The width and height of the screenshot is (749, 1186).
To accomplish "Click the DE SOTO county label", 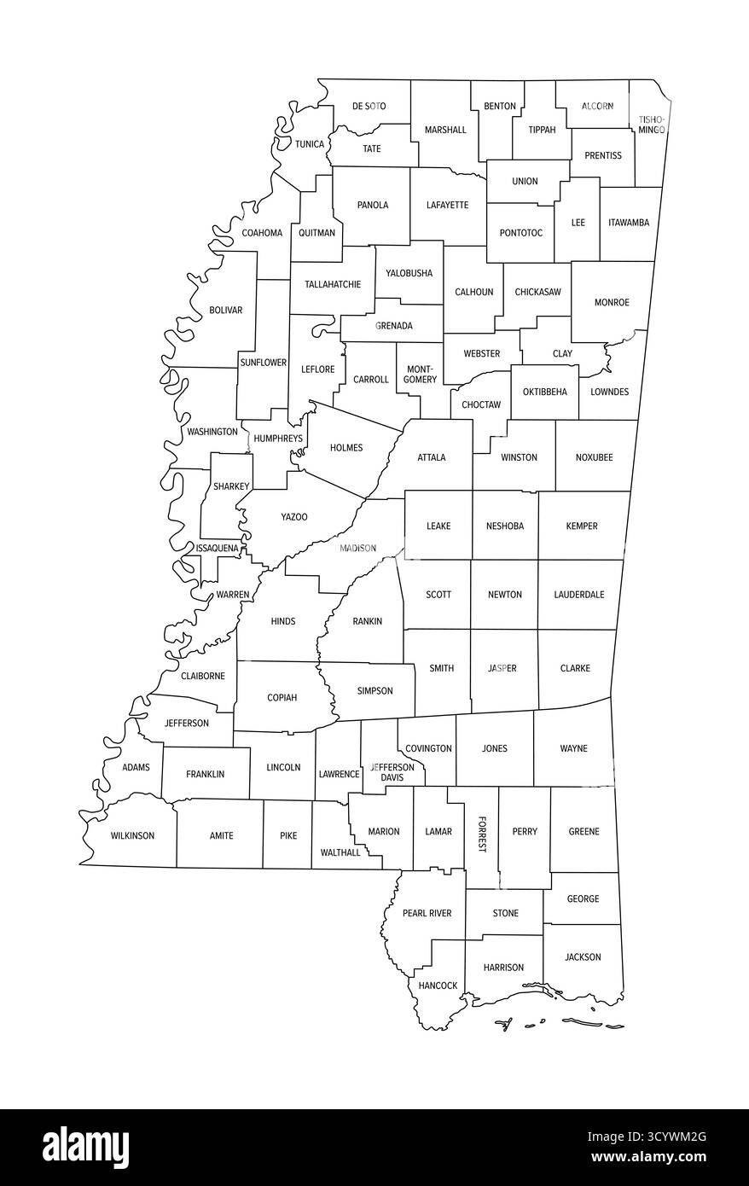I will pyautogui.click(x=369, y=107).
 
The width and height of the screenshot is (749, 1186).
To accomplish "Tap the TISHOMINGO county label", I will pyautogui.click(x=651, y=125).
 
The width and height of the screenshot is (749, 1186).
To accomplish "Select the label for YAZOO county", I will pyautogui.click(x=294, y=517).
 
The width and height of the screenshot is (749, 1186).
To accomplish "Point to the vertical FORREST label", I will pyautogui.click(x=481, y=834).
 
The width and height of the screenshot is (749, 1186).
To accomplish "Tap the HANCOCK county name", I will pyautogui.click(x=438, y=985).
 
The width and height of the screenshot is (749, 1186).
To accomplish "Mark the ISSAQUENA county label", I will pyautogui.click(x=217, y=548).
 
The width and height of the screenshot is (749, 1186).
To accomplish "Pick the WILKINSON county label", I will pyautogui.click(x=132, y=835).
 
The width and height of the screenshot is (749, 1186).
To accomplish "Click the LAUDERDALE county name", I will pyautogui.click(x=578, y=595).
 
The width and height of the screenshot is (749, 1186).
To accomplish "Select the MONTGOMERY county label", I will pyautogui.click(x=418, y=375).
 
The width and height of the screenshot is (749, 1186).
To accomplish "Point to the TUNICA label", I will pyautogui.click(x=310, y=144).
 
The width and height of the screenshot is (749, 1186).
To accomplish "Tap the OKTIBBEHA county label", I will pyautogui.click(x=544, y=392).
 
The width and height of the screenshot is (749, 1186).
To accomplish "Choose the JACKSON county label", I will pyautogui.click(x=583, y=957).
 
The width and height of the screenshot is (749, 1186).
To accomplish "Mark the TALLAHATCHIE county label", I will pyautogui.click(x=332, y=284).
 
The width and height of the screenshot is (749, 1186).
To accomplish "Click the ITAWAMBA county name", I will pyautogui.click(x=629, y=223).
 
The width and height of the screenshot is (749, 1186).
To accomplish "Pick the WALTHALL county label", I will pyautogui.click(x=340, y=852).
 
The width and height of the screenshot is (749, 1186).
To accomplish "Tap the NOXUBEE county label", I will pyautogui.click(x=594, y=457).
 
